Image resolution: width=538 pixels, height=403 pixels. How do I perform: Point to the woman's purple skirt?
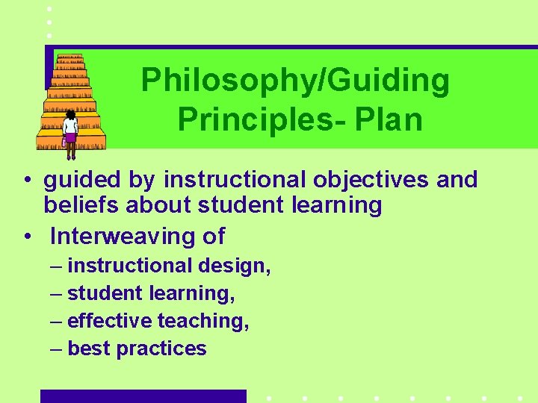tap(71, 138)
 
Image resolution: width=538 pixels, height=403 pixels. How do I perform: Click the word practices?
tap(161, 349)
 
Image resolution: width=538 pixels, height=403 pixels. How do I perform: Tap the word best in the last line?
tap(89, 349)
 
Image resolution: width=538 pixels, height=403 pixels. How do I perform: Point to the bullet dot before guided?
tap(26, 181)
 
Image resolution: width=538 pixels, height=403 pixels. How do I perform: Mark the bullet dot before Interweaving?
tap(26, 237)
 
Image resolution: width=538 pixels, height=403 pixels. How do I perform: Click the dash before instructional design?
tap(58, 266)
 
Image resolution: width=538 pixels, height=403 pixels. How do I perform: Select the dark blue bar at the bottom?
tap(143, 396)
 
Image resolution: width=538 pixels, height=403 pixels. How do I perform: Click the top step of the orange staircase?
tap(69, 58)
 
